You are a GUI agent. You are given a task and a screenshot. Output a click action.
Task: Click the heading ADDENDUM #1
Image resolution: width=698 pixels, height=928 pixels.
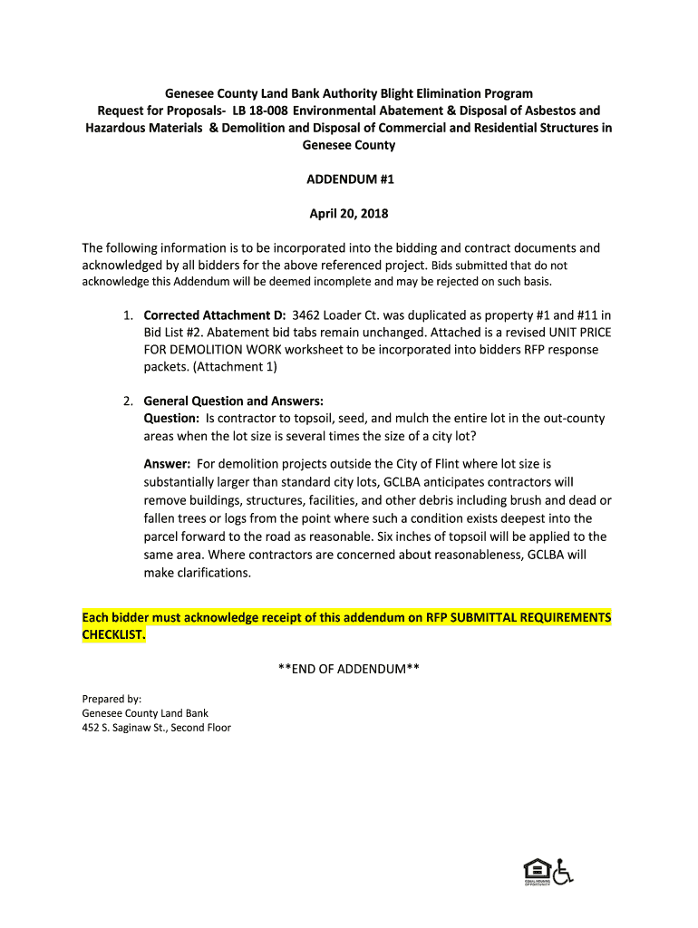point(349,179)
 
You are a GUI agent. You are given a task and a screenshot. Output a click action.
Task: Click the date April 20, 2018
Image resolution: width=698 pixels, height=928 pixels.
point(349,214)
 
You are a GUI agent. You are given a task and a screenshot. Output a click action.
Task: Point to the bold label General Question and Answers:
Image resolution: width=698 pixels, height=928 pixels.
point(233,401)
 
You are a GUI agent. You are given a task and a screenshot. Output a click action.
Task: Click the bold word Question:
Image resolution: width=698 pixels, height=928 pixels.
point(171,419)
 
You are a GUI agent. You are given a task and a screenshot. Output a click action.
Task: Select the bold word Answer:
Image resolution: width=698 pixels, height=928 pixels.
point(167,464)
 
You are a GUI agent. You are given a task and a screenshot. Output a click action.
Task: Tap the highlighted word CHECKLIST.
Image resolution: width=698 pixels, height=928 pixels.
point(113,635)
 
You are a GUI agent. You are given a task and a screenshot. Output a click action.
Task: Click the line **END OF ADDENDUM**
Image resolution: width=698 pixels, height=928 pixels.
point(349,669)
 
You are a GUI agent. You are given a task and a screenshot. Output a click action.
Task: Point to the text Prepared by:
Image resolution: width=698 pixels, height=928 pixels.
point(111,699)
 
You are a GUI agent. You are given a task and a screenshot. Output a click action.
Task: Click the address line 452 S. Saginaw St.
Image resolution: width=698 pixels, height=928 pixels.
point(157,728)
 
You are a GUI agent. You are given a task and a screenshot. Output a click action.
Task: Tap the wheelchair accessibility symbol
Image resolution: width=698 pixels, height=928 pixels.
point(564,872)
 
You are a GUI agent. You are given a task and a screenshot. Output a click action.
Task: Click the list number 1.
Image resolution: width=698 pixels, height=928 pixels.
point(127,315)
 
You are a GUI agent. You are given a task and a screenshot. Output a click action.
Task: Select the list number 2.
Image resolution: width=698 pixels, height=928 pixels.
point(127,401)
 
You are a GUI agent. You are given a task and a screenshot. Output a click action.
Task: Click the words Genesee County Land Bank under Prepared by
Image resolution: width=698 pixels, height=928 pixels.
point(145,713)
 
